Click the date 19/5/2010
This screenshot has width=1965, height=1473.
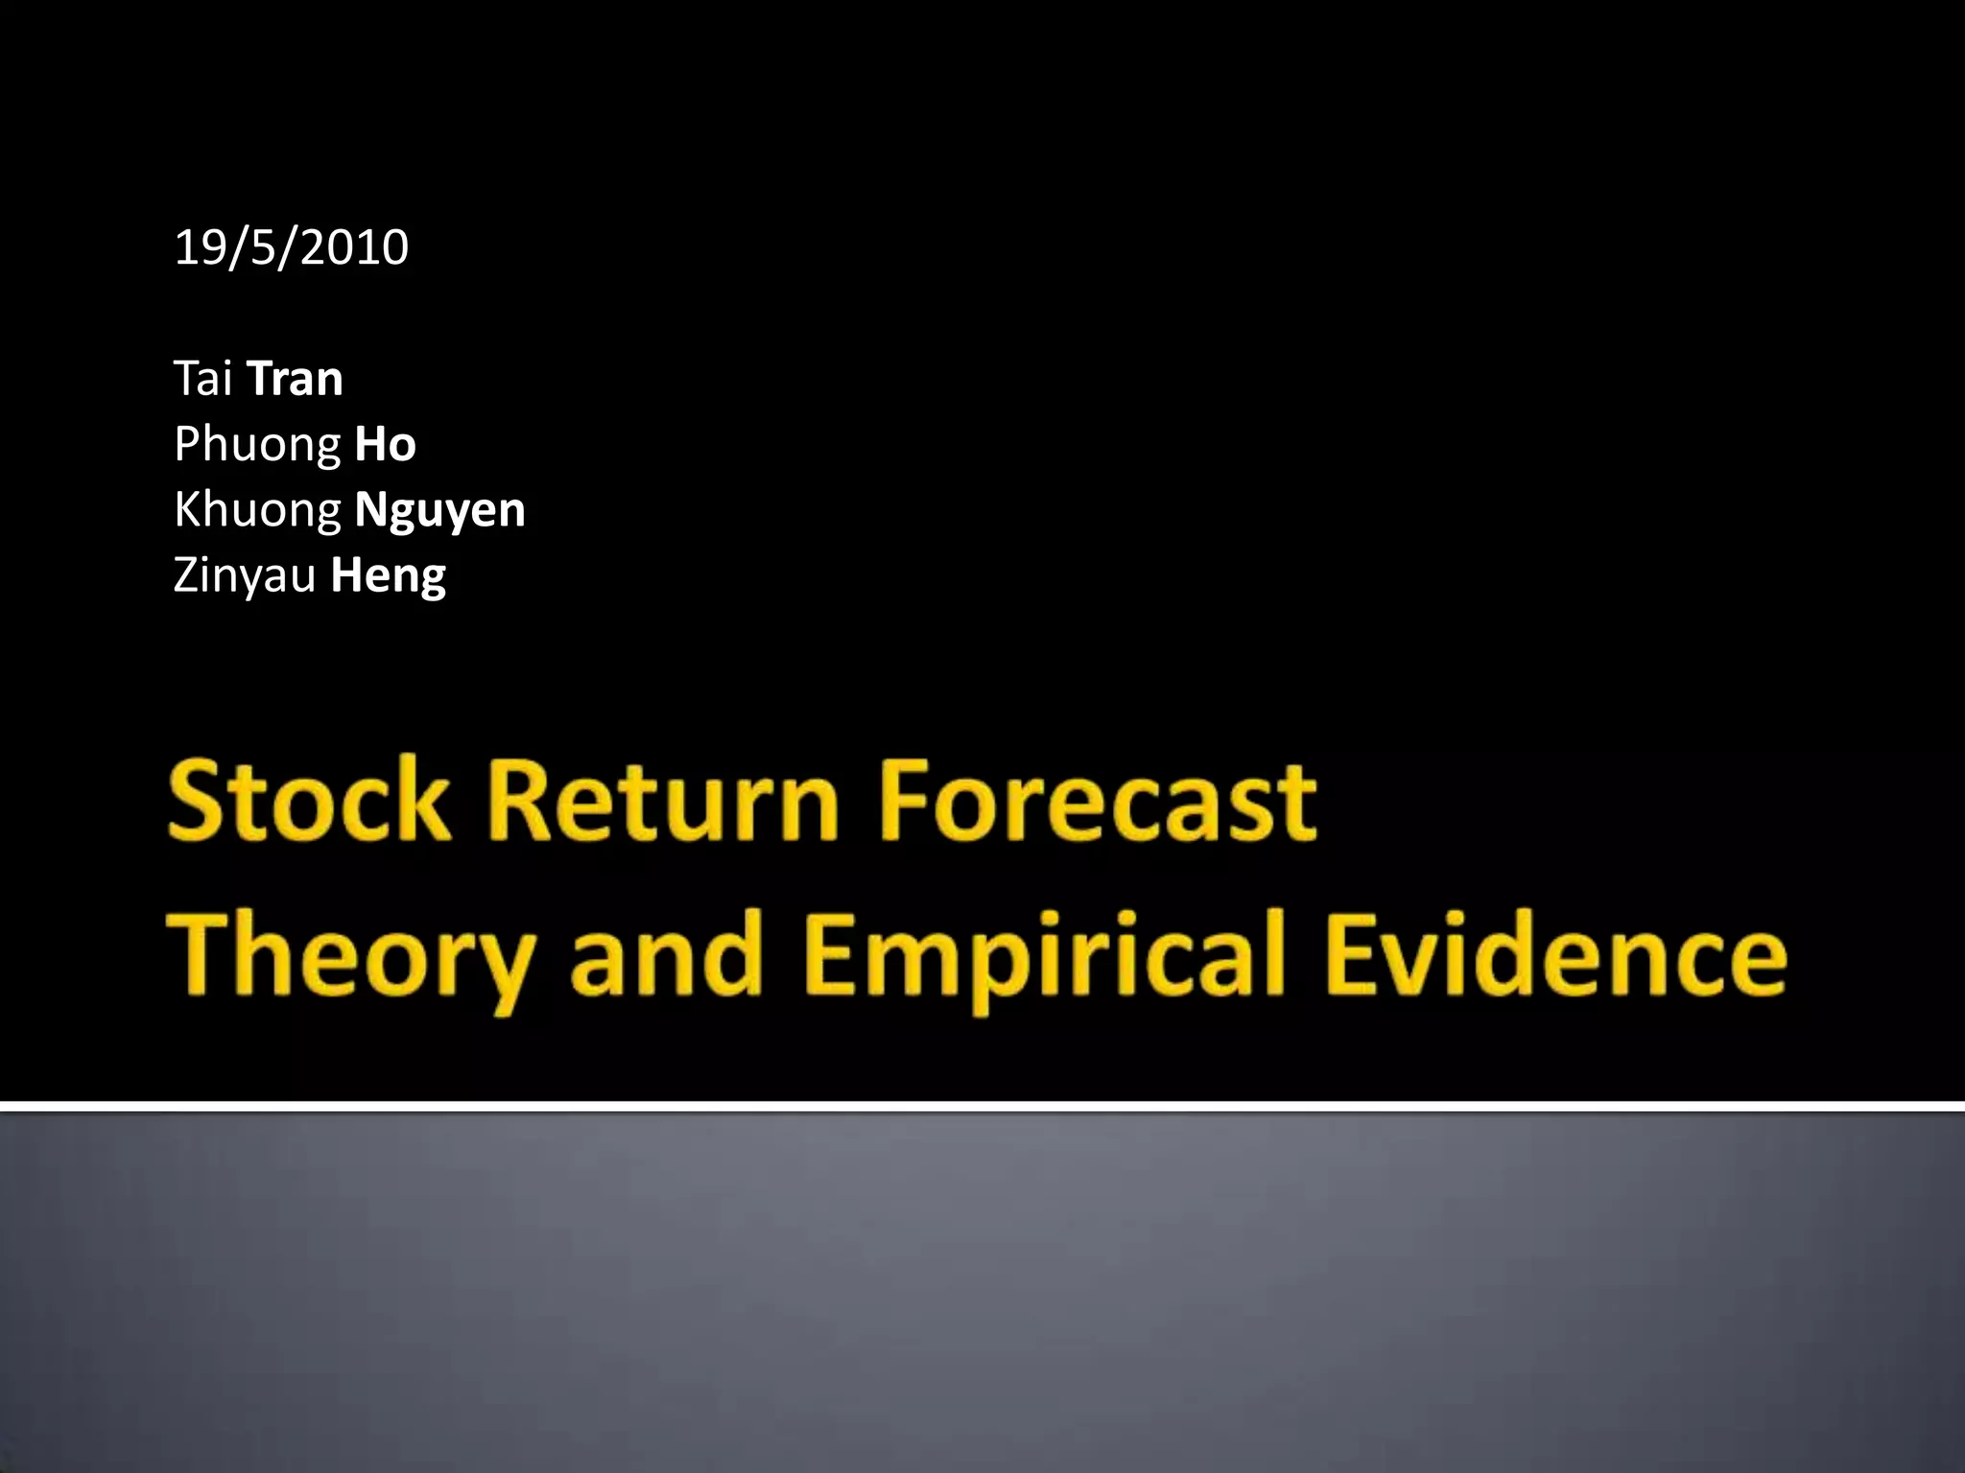291,247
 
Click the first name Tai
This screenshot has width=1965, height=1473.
202,378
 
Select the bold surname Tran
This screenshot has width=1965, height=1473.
295,378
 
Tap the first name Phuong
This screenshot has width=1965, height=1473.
256,445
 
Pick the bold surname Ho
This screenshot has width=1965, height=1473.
385,445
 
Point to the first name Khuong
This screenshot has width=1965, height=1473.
256,510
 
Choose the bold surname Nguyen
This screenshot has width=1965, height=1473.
439,510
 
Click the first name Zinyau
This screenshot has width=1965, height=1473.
244,575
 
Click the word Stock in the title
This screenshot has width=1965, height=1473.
309,801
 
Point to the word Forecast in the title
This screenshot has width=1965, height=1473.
1098,801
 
